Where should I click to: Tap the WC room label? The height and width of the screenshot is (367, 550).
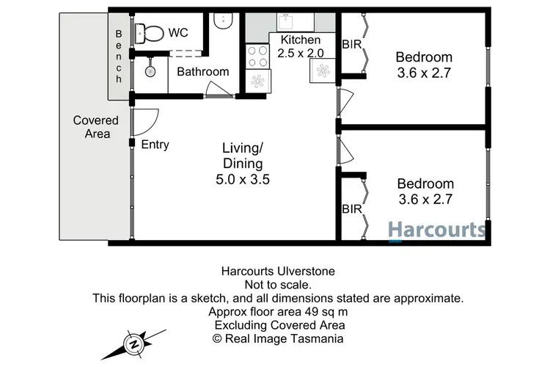coord(179,33)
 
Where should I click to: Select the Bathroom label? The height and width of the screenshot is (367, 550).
coord(203,72)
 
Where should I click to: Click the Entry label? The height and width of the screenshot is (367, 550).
coord(155,145)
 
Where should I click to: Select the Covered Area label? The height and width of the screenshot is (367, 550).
coord(92,127)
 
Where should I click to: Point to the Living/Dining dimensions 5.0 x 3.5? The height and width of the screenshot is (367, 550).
coord(242,178)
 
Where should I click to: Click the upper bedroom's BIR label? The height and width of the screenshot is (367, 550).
coord(351,45)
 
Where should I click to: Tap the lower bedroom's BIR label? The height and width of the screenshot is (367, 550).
coord(351,209)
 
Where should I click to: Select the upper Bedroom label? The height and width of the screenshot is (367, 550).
coord(424,57)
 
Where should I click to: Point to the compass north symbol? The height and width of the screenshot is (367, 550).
coord(133,344)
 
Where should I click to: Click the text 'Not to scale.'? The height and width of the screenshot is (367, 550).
coord(278,284)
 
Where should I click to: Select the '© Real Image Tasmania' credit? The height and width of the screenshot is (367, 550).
coord(278,338)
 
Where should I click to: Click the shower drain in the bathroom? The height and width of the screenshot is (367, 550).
coord(150,71)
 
